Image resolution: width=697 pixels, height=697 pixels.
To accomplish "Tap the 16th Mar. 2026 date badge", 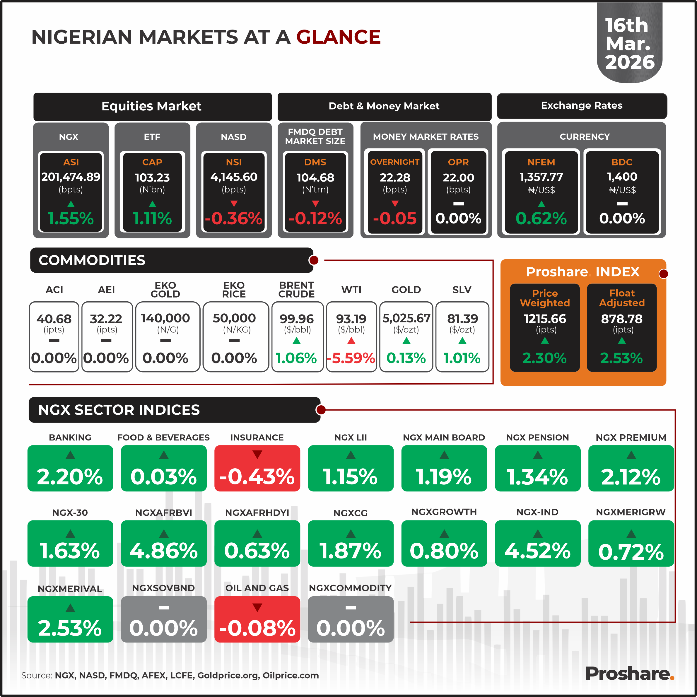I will pos(630,44).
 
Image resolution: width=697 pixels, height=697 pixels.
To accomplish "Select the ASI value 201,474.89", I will pos(71,177).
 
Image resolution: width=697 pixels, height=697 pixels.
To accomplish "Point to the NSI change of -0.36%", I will pos(234,218).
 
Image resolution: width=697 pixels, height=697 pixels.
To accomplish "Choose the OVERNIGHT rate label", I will pos(395,162).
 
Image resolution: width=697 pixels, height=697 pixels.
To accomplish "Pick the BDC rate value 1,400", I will pos(622,177).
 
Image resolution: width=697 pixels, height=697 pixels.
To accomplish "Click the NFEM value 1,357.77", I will pos(541,177).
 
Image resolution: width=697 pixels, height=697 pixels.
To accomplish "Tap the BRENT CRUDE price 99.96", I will pos(297,319).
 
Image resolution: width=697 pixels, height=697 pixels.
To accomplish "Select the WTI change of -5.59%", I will pos(351,358).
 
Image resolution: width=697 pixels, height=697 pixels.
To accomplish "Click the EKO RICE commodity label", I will pos(234,290).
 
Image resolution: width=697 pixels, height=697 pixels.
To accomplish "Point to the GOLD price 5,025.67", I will pos(406,318).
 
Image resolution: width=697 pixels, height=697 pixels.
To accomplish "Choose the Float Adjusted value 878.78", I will pos(622,319).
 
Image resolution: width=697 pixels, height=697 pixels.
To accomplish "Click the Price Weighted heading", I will pos(545,298).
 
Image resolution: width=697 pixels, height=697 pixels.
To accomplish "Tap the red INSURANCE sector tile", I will pos(257,468).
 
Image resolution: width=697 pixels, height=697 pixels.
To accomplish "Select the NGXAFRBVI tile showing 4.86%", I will pos(163,543).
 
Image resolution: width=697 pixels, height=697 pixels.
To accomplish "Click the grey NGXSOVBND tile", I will pos(163,619).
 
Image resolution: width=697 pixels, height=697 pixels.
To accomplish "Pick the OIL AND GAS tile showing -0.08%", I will pos(257,619).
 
